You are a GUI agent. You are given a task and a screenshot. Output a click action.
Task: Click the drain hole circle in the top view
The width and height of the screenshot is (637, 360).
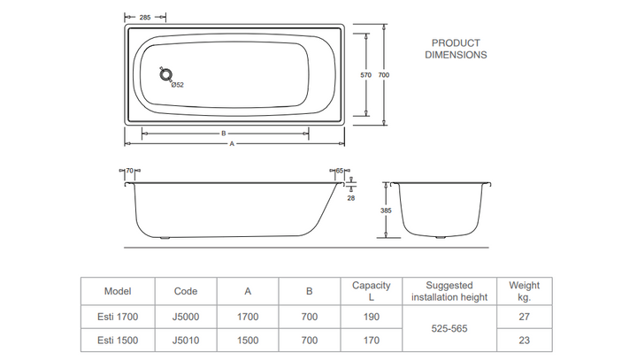pos(165,75)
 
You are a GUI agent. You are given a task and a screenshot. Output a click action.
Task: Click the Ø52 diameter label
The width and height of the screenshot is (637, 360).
pos(178,85)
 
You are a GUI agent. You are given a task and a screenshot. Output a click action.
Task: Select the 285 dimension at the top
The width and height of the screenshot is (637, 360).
pos(145,18)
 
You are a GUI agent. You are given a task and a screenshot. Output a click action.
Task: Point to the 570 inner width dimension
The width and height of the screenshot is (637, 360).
pos(366,75)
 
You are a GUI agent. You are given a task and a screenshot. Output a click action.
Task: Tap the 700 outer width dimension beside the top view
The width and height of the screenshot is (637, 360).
pos(384,75)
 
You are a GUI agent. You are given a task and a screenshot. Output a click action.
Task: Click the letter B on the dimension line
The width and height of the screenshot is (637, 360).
pos(224,134)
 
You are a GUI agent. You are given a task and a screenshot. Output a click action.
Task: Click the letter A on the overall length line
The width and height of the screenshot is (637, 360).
pos(232,144)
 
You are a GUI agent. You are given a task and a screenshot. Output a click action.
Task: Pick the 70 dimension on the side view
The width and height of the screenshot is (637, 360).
pos(129,171)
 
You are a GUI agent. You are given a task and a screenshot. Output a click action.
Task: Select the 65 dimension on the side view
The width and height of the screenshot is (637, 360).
pos(340,171)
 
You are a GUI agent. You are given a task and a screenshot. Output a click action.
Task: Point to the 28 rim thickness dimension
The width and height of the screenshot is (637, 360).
pos(351,198)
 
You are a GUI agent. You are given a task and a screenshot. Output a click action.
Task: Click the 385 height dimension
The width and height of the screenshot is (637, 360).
pos(386,211)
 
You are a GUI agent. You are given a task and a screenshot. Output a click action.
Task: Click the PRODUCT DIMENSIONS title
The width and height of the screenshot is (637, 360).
pos(456,49)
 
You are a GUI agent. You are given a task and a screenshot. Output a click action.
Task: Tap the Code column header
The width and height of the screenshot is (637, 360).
pos(186,291)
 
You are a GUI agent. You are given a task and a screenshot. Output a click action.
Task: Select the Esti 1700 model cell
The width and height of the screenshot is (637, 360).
pos(118,317)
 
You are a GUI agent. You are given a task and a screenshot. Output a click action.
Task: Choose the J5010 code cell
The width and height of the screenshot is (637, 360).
pos(186,341)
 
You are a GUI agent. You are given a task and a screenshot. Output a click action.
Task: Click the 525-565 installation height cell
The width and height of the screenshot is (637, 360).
pos(449,328)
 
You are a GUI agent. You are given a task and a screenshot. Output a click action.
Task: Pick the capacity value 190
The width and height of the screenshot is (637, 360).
pos(372,317)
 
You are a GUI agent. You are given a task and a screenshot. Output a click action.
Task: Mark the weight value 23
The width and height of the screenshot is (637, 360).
pos(525,341)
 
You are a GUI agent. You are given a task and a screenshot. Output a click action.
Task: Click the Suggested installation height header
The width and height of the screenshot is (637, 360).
pos(449,291)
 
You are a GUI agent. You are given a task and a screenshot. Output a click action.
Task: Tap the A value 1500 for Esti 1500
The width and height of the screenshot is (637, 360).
pos(248,341)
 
